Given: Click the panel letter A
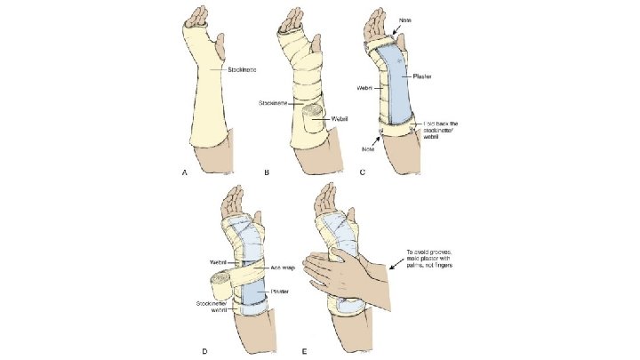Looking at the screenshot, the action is click(185, 173).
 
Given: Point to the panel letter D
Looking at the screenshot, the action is click(205, 350).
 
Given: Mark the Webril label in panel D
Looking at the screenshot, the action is click(218, 261).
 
